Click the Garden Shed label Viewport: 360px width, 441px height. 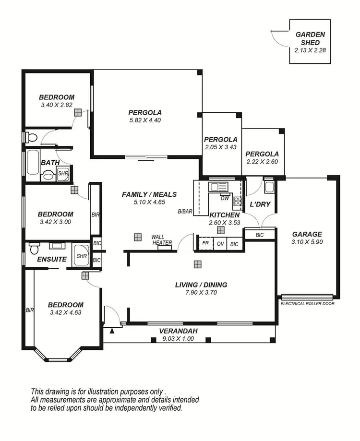(x=310, y=38)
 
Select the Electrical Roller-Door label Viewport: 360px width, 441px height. (x=308, y=304)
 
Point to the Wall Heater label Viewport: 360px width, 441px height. (x=162, y=240)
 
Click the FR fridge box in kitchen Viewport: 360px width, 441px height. (x=205, y=244)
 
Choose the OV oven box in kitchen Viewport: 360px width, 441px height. (x=220, y=244)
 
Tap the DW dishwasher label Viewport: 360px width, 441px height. (x=225, y=197)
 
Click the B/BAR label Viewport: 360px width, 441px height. (x=185, y=211)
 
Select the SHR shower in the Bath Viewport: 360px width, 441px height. (x=63, y=174)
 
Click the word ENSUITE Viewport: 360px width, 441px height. (x=52, y=259)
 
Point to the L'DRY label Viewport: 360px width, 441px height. (x=260, y=204)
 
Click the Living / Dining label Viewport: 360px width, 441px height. (x=201, y=285)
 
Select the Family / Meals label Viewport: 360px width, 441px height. (x=149, y=194)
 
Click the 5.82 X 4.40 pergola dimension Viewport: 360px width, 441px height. (x=144, y=120)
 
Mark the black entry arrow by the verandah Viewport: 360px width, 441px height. (x=112, y=330)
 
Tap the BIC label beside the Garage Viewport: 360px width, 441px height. (x=260, y=235)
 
